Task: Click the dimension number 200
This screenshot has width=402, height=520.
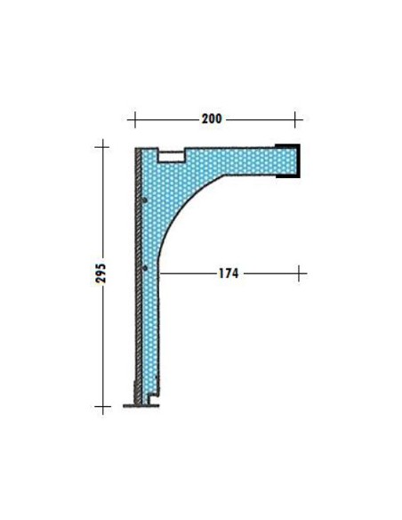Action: tap(212, 118)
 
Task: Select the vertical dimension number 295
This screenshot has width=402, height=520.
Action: tap(100, 273)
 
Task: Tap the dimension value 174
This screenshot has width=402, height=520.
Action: tap(229, 273)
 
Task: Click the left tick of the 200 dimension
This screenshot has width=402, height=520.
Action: tap(135, 119)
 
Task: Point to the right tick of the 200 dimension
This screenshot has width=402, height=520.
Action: tap(295, 119)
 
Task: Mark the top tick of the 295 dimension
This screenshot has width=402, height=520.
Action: tap(102, 147)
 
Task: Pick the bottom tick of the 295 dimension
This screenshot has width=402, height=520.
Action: tap(102, 406)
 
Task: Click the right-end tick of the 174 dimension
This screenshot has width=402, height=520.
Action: tap(299, 273)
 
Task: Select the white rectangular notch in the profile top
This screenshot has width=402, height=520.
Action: tap(171, 156)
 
